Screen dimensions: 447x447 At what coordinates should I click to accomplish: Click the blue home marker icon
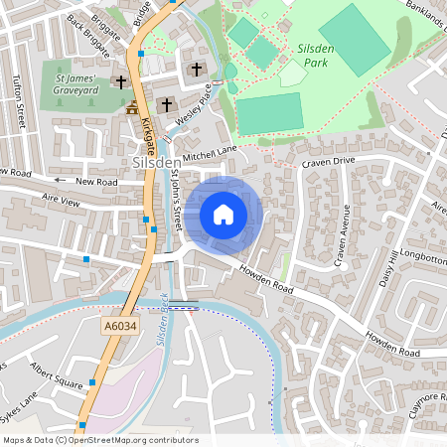coord(223,214)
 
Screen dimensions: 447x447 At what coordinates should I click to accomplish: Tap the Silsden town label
coord(157,161)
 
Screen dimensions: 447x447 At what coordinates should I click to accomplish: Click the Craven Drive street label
coord(330,160)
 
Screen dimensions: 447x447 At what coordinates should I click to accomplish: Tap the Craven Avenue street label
coord(345,236)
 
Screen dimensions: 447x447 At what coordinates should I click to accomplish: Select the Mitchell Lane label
coord(211,152)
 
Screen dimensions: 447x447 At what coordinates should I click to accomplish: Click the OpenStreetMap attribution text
coord(99,440)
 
